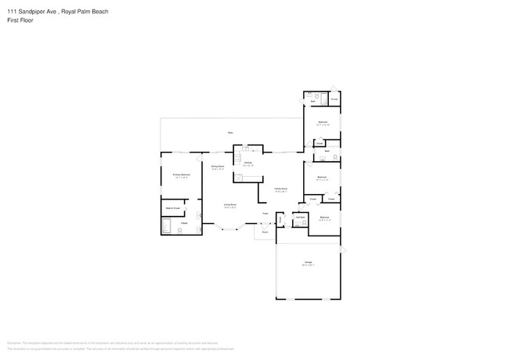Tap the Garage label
(309, 262)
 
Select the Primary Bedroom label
(182, 175)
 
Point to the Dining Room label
(218, 167)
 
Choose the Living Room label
(229, 205)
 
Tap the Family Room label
(280, 189)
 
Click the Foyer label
(265, 213)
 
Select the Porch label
(265, 232)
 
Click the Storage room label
(334, 99)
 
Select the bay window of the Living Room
(229, 229)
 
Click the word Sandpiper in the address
(39, 12)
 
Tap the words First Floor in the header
(21, 20)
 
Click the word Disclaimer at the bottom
(13, 342)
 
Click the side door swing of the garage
(343, 249)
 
